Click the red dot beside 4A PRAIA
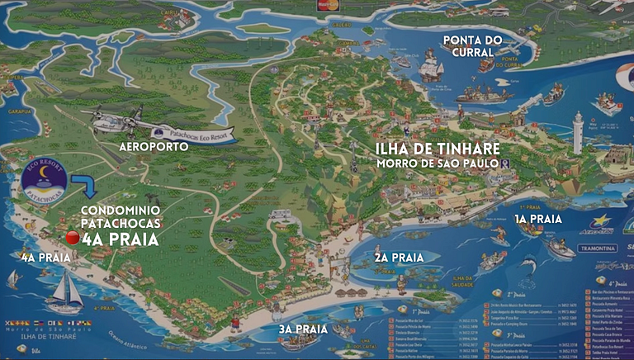click(72, 238)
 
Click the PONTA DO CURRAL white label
click(468, 46)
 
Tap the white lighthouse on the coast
click(578, 131)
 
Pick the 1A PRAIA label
click(538, 219)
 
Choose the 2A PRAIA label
click(400, 258)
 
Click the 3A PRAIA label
click(298, 329)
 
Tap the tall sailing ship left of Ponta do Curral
click(431, 65)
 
